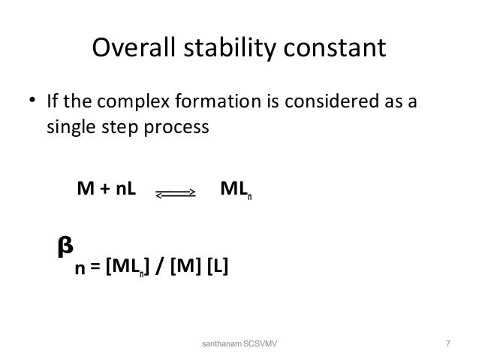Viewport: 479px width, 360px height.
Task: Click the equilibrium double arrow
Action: pyautogui.click(x=176, y=193)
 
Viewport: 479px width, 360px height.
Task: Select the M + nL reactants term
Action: pyautogui.click(x=107, y=188)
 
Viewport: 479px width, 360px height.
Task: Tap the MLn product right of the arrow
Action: pyautogui.click(x=236, y=189)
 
